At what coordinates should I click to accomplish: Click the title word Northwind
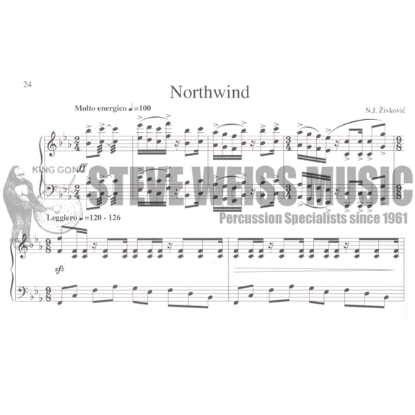209,92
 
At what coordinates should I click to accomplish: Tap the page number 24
27,84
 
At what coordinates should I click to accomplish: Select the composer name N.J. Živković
385,110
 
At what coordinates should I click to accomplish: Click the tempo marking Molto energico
100,108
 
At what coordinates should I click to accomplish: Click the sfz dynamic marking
59,270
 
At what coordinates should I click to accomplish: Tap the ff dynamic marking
82,167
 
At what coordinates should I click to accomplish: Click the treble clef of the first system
51,144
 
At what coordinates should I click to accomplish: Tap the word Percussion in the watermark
250,219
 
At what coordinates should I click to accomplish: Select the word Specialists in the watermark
315,219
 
